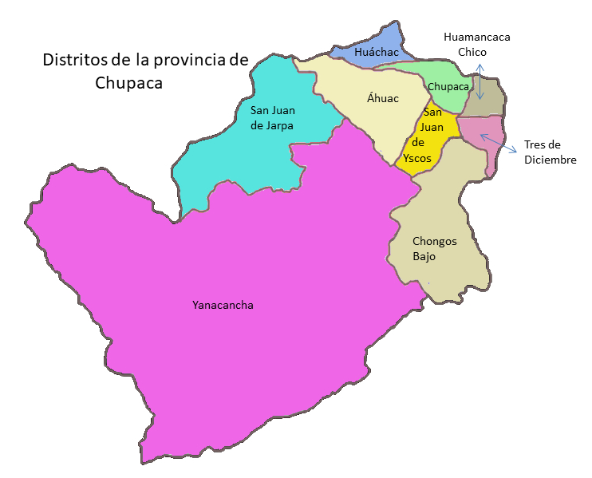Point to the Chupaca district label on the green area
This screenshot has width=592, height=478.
pyautogui.click(x=448, y=86)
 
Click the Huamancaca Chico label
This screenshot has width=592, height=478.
pyautogui.click(x=476, y=44)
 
